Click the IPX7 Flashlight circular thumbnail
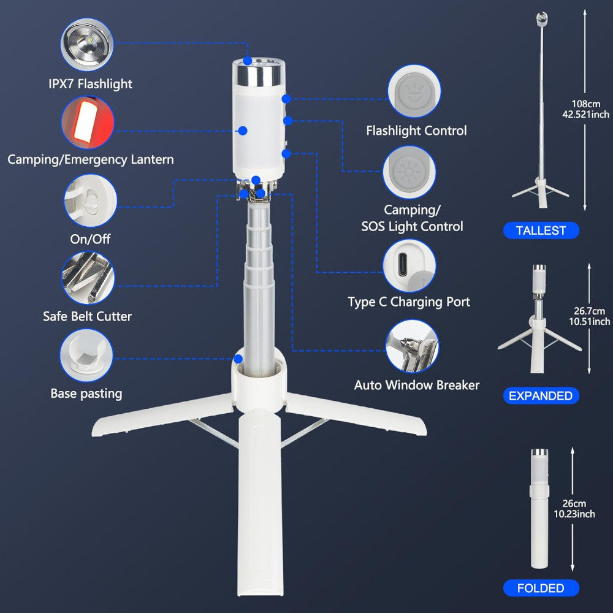pos(87,45)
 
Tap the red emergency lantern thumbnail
pos(88,123)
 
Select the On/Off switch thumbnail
pos(90,200)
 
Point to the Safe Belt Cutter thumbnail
pos(88,278)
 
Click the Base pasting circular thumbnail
pos(86,356)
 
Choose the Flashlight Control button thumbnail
pos(414,91)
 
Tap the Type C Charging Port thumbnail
pos(409,266)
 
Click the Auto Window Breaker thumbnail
pos(412,346)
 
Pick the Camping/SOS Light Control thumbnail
pos(409,172)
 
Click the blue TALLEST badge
pos(541,230)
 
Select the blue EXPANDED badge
pos(541,395)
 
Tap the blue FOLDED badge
pos(541,588)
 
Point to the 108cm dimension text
pos(586,104)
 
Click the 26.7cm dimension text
pos(589,311)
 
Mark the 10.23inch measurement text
pos(574,514)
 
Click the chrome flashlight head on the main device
pos(259,75)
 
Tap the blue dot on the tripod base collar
pos(238,359)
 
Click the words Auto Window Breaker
pos(417,386)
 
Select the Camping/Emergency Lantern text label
pos(91,159)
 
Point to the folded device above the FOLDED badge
pos(539,509)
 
